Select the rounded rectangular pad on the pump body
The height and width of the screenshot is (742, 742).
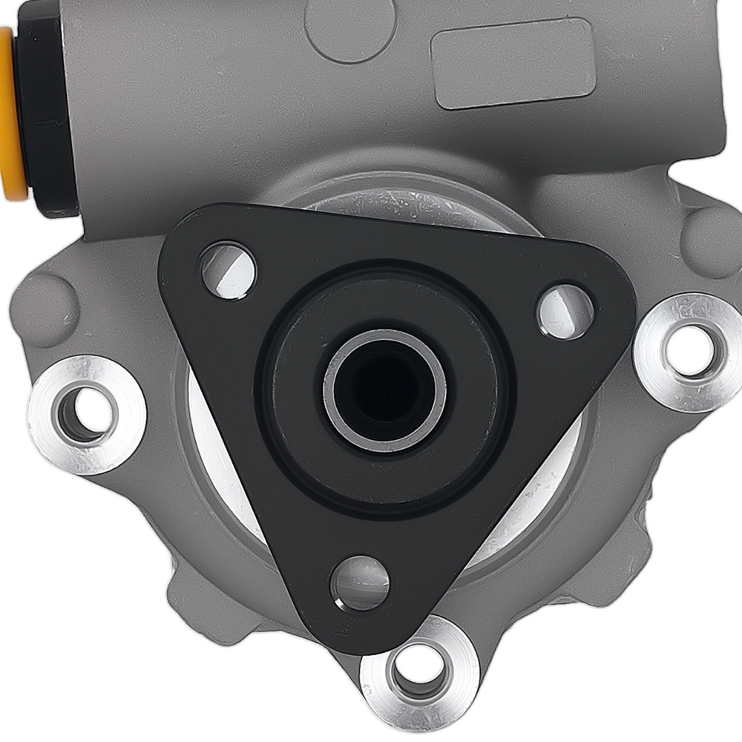coord(513,63)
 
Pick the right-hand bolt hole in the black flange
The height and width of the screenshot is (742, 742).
coord(565,312)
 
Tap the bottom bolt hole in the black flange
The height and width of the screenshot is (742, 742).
coord(359,583)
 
